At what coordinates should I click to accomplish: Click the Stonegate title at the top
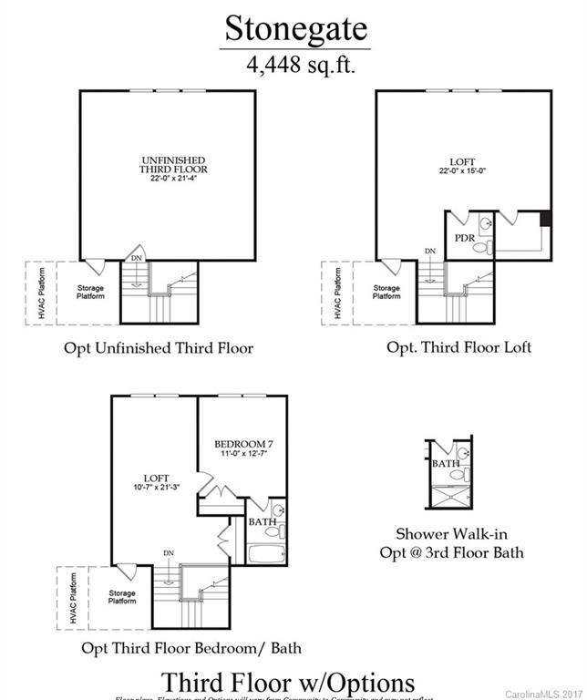coord(297,28)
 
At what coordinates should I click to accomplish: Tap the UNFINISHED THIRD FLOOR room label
coord(173,170)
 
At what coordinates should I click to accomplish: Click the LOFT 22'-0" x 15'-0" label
coord(463,165)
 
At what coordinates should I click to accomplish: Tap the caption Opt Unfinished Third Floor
coord(158,347)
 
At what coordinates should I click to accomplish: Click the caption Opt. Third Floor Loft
coord(458,346)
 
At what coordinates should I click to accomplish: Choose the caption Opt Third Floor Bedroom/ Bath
coord(191,648)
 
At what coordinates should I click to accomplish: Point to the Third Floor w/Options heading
coord(288,682)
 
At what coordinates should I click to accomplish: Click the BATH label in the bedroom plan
coord(263,522)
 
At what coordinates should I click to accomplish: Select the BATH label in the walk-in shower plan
coord(446,463)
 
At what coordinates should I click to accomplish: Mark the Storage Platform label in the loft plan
coord(386,292)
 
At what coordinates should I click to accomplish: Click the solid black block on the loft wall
coord(545,218)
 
